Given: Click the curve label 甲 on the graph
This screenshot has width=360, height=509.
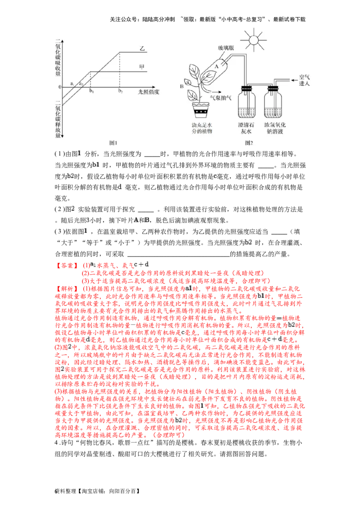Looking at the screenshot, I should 142,67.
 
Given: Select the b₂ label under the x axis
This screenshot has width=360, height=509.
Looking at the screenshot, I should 120,92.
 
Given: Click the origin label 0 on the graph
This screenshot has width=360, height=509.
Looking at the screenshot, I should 59,87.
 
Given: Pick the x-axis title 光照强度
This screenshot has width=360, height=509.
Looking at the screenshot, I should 148,92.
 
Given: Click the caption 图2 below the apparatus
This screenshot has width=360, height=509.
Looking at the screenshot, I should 249,143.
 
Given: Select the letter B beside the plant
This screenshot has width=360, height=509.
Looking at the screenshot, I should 181,84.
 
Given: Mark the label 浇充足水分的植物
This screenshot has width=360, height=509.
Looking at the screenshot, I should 201,127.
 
